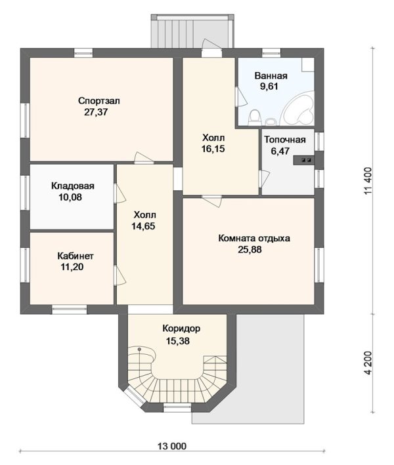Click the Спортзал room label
coord(99,101)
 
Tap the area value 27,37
coord(96,112)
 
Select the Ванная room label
coord(271,75)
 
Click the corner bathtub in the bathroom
coord(297,109)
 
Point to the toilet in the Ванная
coord(254,117)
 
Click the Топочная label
coord(285,140)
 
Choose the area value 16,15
coord(213,149)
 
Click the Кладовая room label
coord(73,186)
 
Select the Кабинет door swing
coord(120,276)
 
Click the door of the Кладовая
coord(120,194)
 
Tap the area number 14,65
coord(143,226)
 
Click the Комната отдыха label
coord(254,239)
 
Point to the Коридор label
coord(181,329)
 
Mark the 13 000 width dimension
coord(172,446)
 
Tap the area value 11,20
coord(72,267)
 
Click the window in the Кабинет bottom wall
coord(69,310)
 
